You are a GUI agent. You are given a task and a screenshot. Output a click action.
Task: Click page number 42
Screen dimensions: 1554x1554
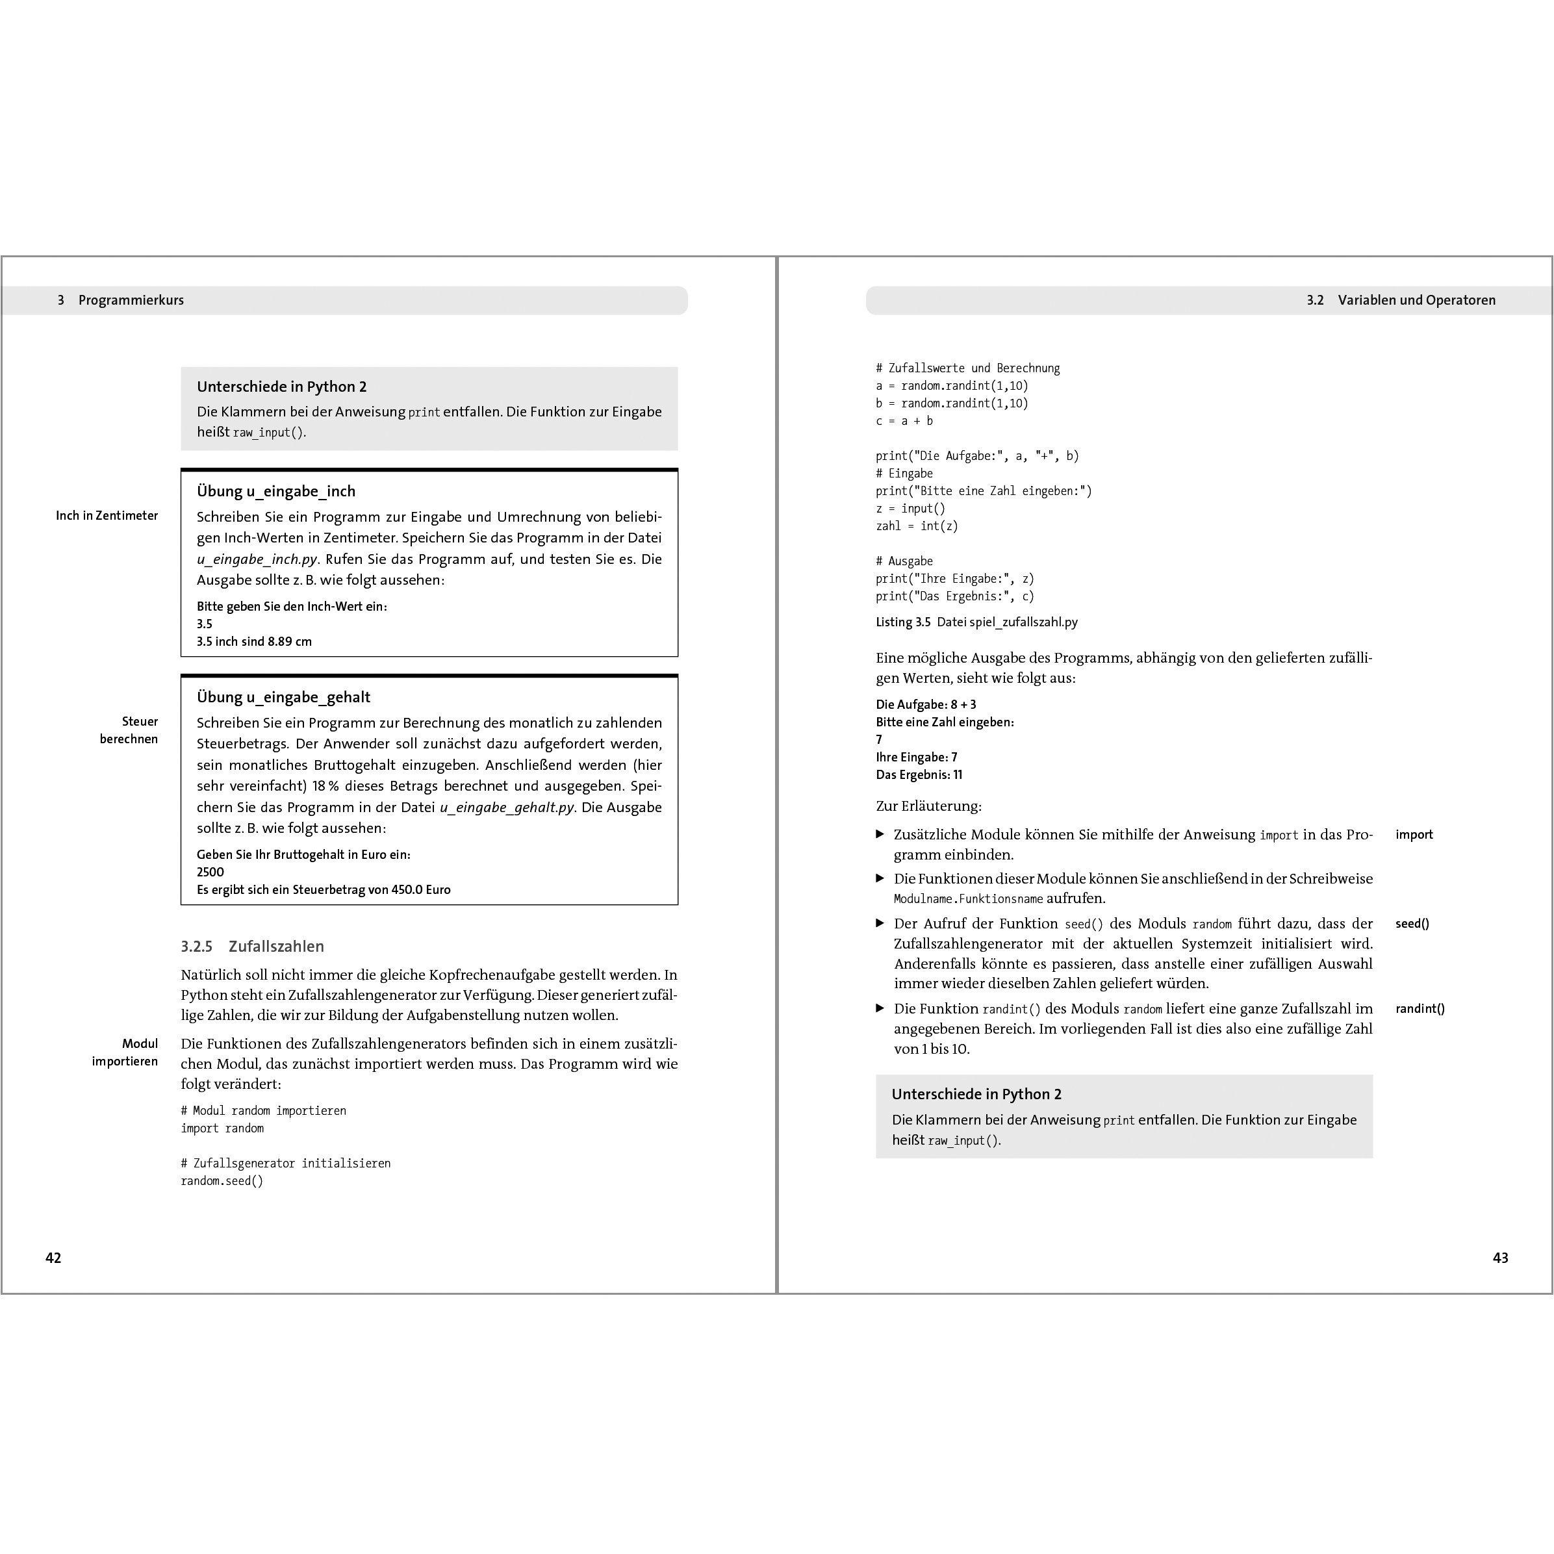click(x=53, y=1258)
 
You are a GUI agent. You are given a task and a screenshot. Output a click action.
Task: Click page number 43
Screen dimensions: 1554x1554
click(x=1500, y=1258)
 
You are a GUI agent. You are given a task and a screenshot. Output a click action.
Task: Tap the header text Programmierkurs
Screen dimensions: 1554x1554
click(x=131, y=300)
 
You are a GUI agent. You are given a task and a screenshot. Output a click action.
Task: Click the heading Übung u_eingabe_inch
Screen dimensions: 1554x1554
click(x=276, y=491)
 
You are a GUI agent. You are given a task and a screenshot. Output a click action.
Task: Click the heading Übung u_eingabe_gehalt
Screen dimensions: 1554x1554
click(x=283, y=697)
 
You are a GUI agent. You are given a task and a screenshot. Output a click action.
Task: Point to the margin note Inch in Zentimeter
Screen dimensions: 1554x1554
click(x=107, y=516)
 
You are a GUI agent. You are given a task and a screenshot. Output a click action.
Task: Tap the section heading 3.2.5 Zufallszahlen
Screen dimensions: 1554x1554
click(x=253, y=947)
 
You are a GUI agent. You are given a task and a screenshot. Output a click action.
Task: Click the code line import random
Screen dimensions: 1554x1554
click(x=222, y=1128)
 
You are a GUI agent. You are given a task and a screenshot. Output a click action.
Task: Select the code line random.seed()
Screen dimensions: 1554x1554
click(x=222, y=1181)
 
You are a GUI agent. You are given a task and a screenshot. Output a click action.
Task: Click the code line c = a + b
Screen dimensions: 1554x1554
click(x=904, y=421)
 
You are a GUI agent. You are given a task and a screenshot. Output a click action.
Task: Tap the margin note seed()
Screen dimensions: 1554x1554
click(x=1412, y=923)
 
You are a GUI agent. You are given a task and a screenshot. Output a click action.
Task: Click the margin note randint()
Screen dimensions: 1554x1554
click(x=1420, y=1009)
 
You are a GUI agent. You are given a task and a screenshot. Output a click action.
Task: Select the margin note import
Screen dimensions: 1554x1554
click(x=1414, y=835)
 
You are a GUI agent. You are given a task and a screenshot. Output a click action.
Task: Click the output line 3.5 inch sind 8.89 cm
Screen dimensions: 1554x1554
click(x=254, y=642)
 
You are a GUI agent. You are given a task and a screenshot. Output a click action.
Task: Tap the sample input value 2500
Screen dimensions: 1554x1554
click(x=210, y=872)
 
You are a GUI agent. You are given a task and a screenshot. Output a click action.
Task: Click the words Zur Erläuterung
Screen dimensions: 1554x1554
click(x=928, y=806)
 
